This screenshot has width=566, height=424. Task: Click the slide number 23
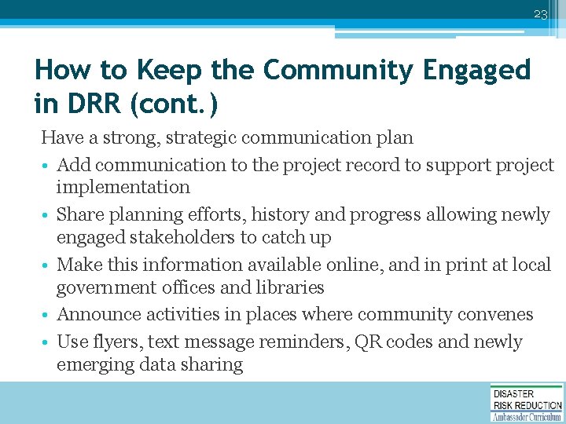click(539, 14)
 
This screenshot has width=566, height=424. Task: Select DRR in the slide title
click(90, 103)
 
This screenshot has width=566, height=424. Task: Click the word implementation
click(123, 188)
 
